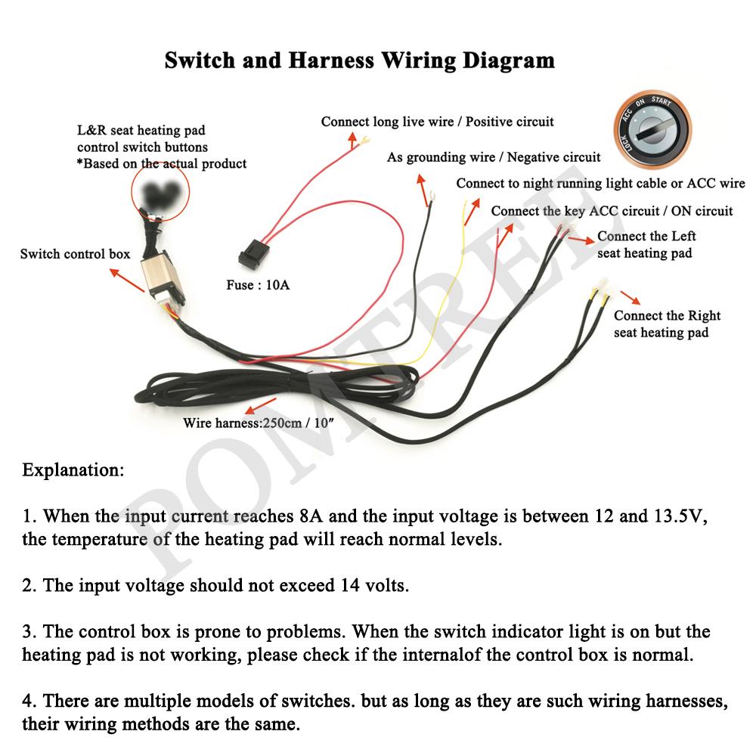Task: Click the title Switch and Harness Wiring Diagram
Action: click(x=360, y=60)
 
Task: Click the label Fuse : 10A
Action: click(x=258, y=286)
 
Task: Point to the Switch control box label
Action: click(x=75, y=253)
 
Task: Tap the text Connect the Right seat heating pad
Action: click(x=667, y=324)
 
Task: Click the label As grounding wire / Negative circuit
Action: click(x=494, y=157)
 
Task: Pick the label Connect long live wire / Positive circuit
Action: click(x=437, y=121)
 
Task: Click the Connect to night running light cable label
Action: click(x=600, y=184)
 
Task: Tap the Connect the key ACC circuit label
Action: click(x=612, y=211)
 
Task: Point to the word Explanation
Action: click(x=73, y=469)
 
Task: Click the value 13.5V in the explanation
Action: click(x=677, y=517)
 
